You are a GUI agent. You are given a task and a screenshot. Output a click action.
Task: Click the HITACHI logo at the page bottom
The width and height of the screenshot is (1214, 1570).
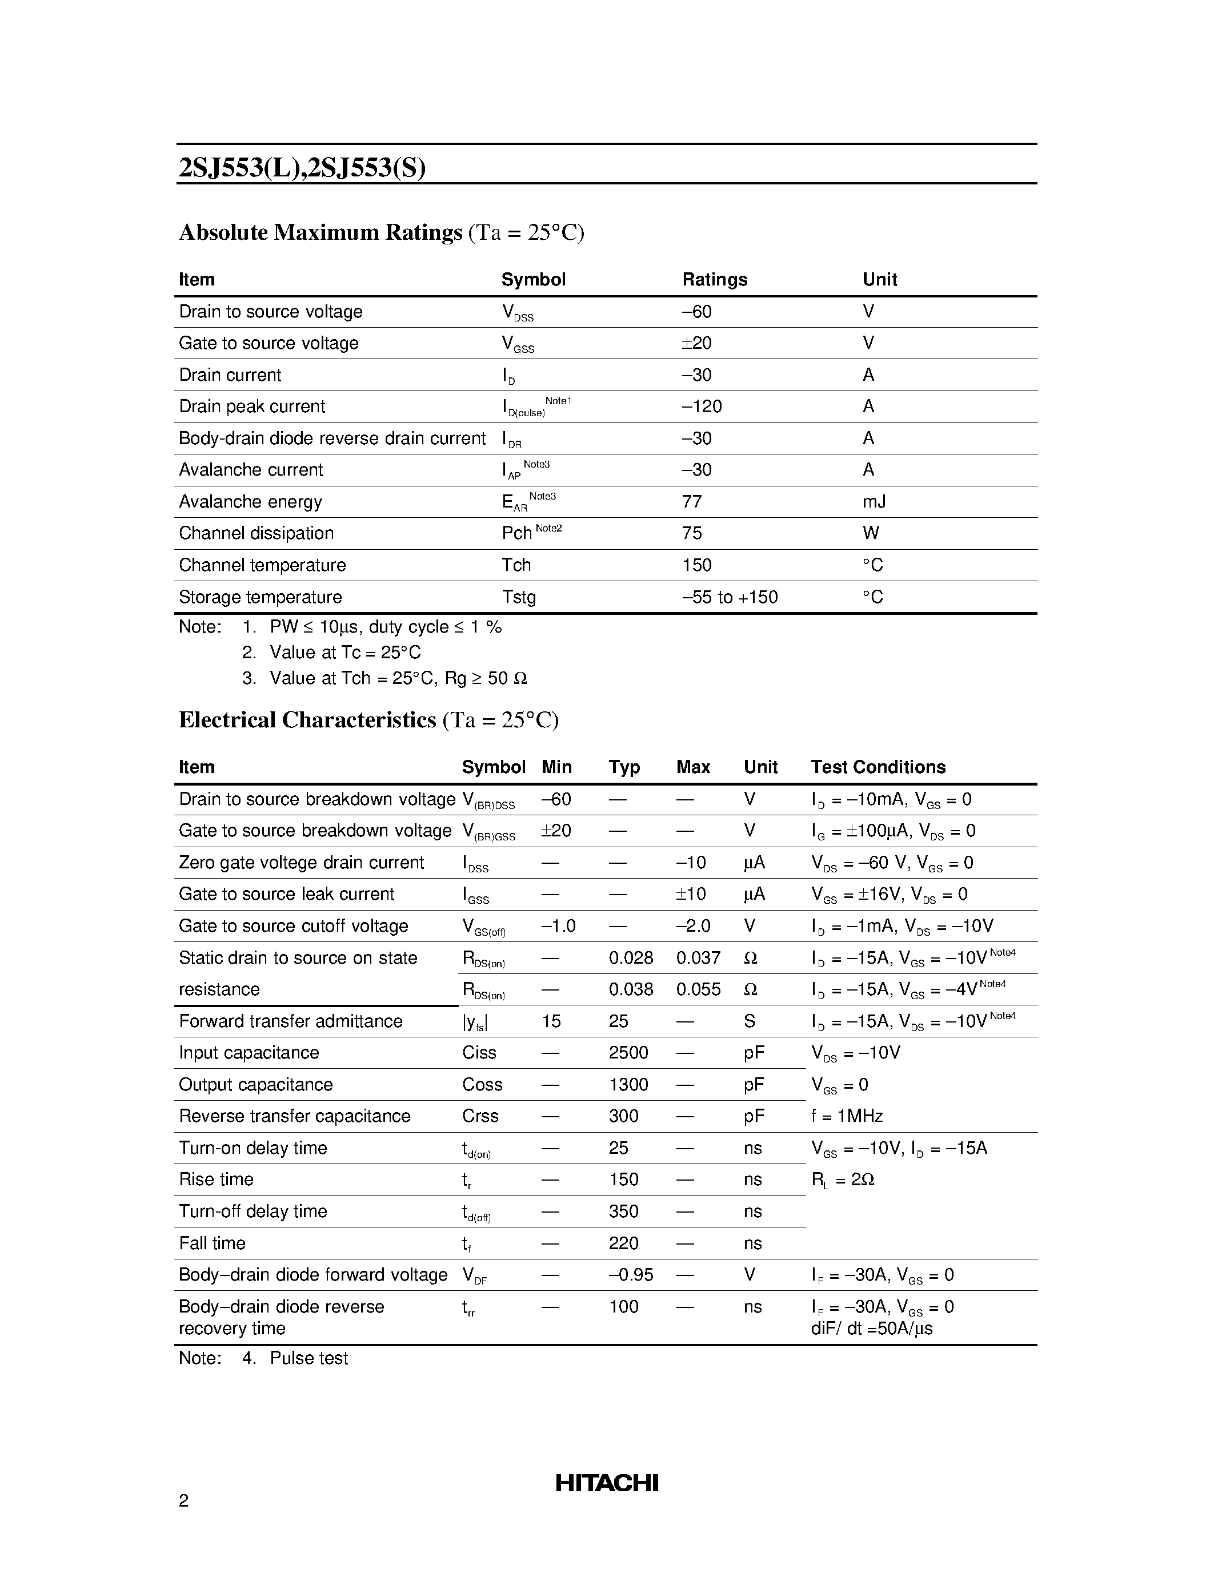606,1482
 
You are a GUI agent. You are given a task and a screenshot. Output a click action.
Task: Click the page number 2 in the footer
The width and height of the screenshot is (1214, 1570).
183,1500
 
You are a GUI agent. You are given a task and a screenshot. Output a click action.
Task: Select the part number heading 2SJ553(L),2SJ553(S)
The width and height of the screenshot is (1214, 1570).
302,167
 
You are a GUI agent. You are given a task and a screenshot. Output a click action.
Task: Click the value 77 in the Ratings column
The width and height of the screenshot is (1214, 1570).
691,502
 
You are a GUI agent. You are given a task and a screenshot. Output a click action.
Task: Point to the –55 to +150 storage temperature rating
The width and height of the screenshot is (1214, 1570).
730,597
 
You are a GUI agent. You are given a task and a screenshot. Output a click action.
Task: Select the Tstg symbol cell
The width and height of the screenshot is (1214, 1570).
519,597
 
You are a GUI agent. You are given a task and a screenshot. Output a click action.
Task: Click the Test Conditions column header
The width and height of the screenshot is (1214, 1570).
878,767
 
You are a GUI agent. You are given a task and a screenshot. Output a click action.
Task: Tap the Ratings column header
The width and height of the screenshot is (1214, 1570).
714,280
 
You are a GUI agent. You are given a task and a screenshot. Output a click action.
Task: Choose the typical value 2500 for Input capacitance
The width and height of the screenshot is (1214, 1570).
628,1053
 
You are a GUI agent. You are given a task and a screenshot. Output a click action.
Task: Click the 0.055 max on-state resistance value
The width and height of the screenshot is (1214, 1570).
698,990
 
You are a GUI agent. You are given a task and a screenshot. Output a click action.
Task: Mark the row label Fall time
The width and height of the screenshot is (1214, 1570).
212,1243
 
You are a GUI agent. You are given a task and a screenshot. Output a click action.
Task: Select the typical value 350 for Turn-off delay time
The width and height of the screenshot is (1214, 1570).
623,1212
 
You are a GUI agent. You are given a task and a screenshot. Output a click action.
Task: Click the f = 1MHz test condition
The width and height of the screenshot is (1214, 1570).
847,1116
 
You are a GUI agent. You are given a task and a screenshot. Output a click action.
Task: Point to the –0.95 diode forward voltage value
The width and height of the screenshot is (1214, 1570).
631,1275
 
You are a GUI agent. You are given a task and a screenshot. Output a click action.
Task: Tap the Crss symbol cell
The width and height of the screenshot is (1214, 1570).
480,1116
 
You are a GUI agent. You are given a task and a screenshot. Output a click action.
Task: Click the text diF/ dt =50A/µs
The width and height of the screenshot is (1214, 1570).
871,1329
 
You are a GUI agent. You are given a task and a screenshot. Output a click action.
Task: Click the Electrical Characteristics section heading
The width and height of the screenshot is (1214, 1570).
307,720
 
